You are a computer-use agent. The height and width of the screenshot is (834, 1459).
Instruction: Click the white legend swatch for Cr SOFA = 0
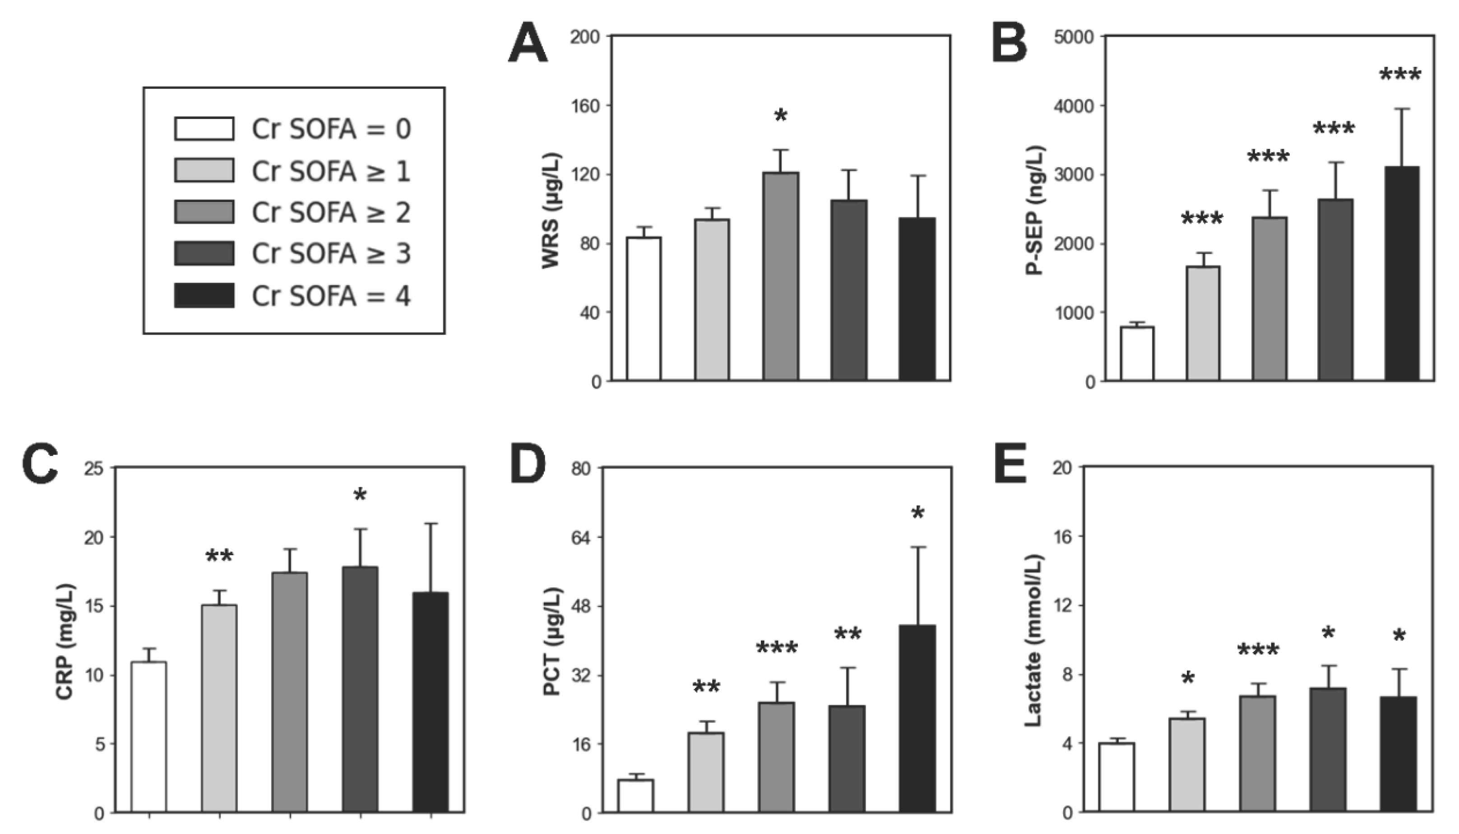coord(204,128)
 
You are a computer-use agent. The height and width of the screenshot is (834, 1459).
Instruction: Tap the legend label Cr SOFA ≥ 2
coord(331,212)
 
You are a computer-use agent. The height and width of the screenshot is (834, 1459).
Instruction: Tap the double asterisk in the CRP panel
coord(219,556)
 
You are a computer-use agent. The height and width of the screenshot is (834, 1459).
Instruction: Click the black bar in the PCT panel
coord(917,719)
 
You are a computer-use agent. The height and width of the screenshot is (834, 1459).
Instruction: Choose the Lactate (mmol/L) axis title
coord(1032,640)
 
